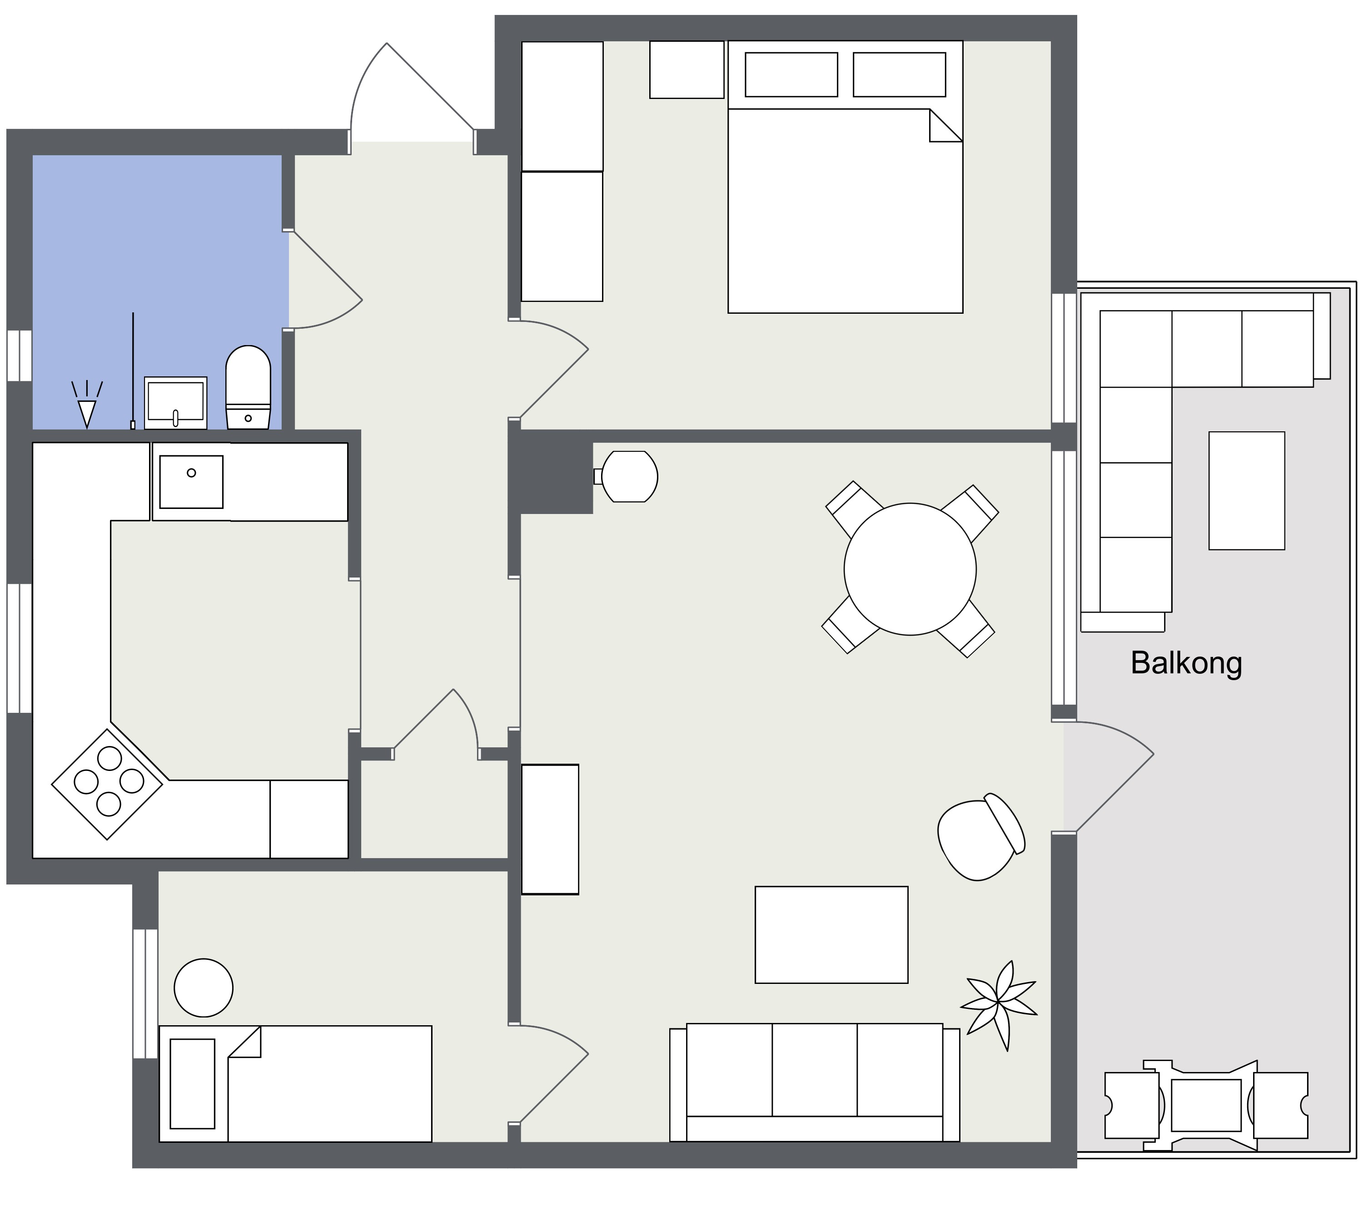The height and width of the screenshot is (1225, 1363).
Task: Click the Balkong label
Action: (1186, 663)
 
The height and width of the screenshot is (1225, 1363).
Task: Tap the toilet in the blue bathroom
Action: (248, 388)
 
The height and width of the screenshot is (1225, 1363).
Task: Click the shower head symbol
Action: (87, 404)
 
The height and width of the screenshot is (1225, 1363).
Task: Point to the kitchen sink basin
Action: (191, 482)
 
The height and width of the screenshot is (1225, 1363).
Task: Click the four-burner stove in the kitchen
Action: (108, 784)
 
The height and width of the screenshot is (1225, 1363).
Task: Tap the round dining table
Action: (910, 569)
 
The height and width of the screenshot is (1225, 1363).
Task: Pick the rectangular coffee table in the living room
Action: (831, 935)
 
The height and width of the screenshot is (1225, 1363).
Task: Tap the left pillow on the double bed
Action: (791, 75)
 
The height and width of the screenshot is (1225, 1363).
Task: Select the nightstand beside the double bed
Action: (686, 69)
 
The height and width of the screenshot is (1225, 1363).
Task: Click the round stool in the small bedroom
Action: (204, 988)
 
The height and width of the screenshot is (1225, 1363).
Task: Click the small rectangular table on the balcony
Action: (1247, 491)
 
